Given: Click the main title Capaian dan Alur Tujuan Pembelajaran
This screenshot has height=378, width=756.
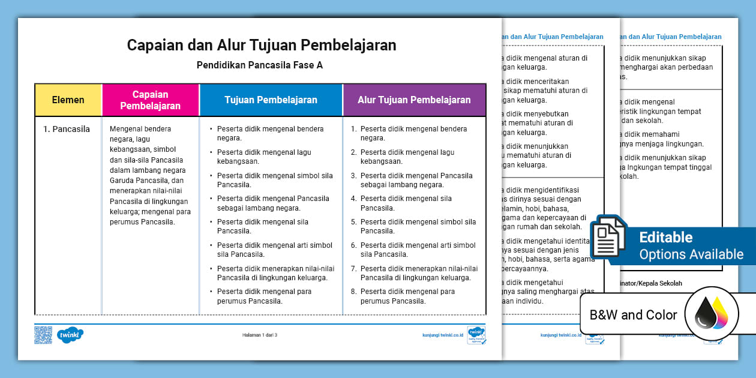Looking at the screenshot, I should [x=261, y=46].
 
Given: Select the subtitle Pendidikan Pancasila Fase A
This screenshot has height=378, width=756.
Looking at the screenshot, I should [x=260, y=65].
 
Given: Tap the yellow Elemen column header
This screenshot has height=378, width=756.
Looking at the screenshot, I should [x=68, y=100].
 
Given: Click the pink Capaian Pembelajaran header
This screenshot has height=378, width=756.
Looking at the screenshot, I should [x=150, y=100].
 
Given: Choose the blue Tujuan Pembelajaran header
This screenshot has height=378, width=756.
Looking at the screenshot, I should [x=271, y=100].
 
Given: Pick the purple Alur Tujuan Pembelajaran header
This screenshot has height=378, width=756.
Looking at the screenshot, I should [x=414, y=100].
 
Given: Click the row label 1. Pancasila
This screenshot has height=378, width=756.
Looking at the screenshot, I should [x=66, y=129].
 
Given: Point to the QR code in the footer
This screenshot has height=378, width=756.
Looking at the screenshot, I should [x=43, y=335].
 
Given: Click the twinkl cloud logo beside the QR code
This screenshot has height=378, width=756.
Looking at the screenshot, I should [x=70, y=335].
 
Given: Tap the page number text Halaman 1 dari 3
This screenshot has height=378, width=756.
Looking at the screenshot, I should [x=260, y=335].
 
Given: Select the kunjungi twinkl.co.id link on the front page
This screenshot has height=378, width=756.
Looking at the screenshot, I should [x=443, y=335].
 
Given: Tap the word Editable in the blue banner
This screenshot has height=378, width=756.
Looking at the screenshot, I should [x=666, y=237].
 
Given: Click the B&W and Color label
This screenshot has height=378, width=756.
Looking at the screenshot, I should [x=633, y=315].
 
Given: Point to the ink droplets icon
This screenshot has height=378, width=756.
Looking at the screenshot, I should [x=711, y=314].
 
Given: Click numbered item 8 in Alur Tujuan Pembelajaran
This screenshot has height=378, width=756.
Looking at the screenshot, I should [x=408, y=296].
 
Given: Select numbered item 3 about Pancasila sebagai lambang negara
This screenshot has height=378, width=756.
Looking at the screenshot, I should [x=416, y=180].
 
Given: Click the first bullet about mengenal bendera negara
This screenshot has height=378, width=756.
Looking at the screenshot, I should [x=270, y=133].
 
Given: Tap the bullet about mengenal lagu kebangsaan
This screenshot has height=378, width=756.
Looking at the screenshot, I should [x=264, y=157].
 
